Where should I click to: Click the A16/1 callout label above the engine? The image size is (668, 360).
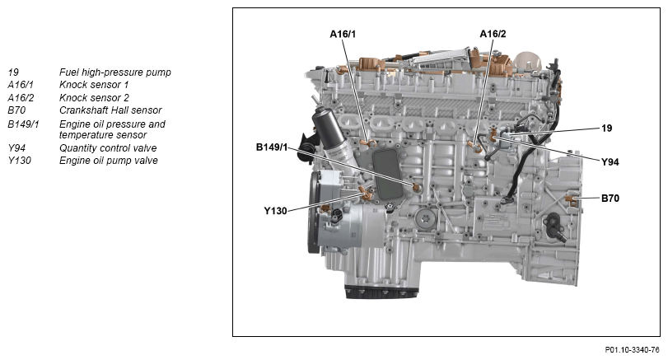point(343,34)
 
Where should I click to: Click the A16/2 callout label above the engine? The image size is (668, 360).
point(493,34)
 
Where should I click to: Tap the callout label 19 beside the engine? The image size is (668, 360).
point(607,129)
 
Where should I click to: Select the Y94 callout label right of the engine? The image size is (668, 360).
point(610,162)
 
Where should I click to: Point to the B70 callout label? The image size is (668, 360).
point(610,198)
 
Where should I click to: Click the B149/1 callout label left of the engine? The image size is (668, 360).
point(272,147)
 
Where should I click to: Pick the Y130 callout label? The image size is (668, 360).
point(275,211)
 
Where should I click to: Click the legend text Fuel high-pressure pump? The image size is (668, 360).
point(115,72)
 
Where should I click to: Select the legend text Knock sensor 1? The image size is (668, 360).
point(94,85)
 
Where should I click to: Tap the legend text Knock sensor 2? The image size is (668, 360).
point(94,97)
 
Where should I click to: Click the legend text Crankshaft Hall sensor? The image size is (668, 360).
point(110,110)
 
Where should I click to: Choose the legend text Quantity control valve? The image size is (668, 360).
point(108,148)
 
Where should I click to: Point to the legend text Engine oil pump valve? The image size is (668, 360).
point(108,161)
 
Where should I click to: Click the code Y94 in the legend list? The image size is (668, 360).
point(16,148)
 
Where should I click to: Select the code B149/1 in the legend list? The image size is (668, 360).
point(23,124)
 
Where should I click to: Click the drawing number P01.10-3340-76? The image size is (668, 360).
point(633,350)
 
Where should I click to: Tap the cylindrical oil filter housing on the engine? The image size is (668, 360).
point(331,132)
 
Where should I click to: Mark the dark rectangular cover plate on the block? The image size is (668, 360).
point(388,175)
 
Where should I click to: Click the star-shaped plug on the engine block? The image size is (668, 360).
point(424,219)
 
